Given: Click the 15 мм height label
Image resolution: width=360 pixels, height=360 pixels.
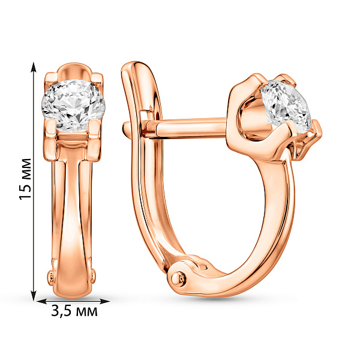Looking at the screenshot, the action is (25, 179).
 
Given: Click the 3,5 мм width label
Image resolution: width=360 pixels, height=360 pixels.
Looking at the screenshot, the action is (74, 311).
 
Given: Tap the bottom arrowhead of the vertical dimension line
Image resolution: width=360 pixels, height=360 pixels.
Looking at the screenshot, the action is (34, 295).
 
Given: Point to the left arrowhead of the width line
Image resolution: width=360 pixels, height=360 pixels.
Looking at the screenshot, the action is (42, 301).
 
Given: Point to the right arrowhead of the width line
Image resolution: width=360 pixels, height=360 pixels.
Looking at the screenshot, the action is (104, 301).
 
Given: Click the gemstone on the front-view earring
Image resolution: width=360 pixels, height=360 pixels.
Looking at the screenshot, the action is (73, 106).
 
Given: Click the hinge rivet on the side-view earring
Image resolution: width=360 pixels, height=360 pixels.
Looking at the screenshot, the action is (178, 278).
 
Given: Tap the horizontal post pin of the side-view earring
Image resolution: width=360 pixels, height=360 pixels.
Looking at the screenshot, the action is (184, 128).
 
